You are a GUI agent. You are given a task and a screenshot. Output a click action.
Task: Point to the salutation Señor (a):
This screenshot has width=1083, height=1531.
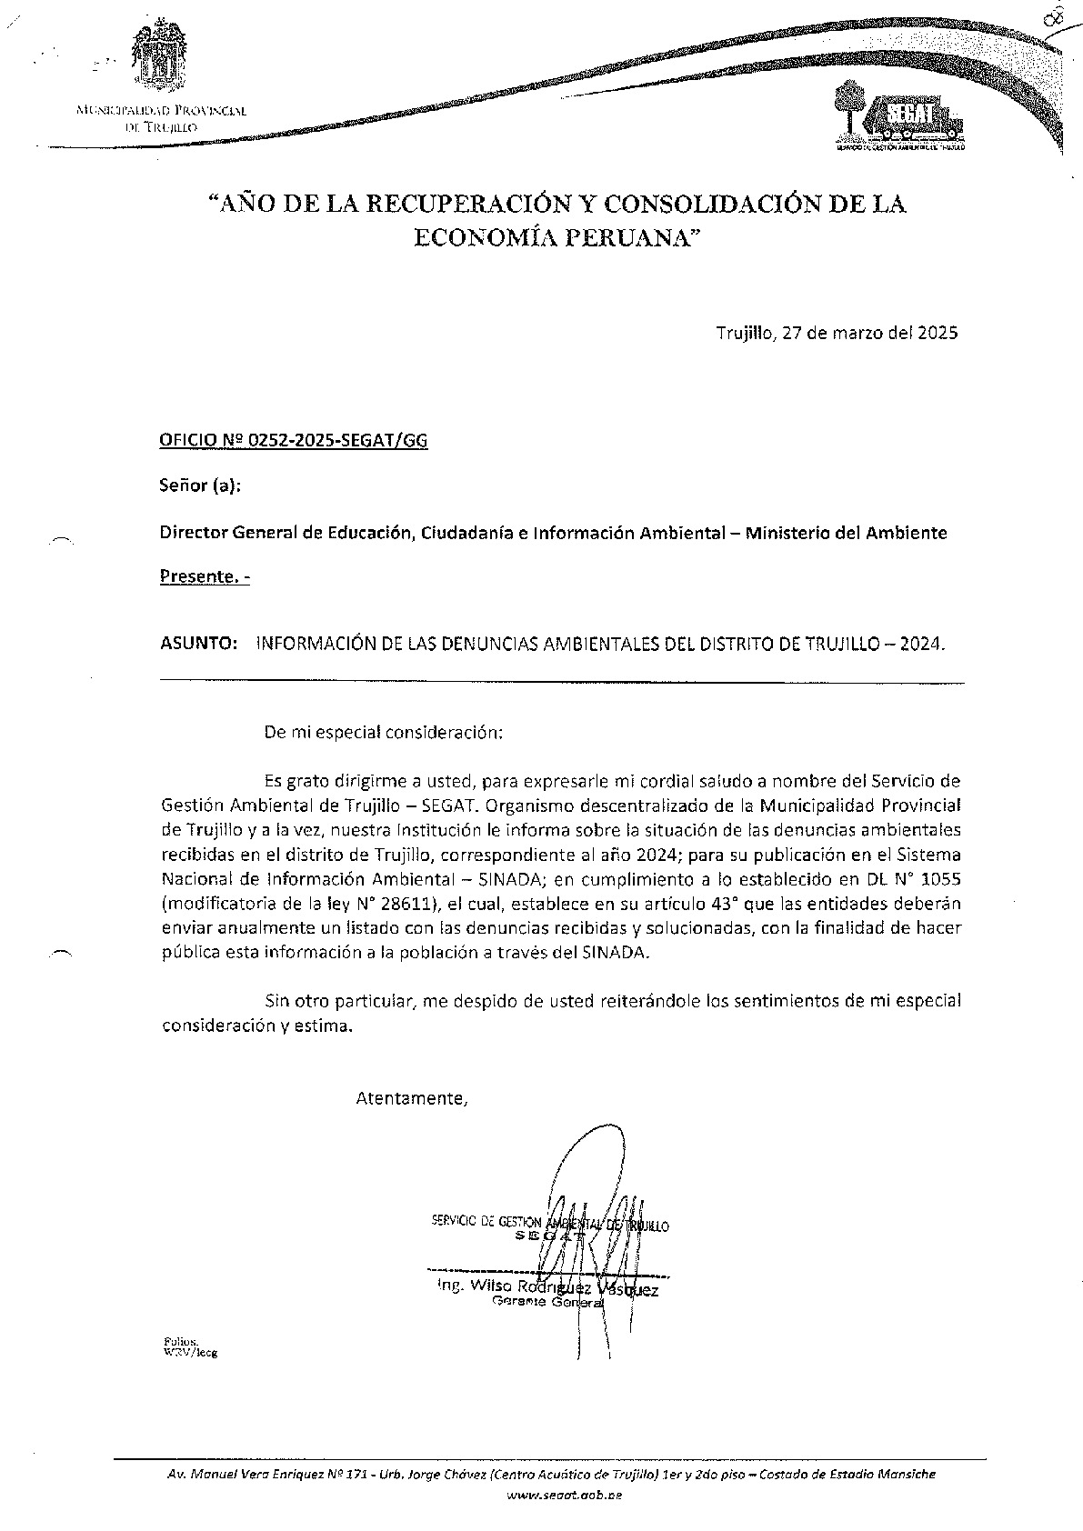[x=200, y=486]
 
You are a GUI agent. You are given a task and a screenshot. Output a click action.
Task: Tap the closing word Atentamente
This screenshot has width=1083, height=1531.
[x=412, y=1098]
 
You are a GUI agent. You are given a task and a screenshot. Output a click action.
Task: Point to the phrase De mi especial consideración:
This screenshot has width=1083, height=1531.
[x=382, y=731]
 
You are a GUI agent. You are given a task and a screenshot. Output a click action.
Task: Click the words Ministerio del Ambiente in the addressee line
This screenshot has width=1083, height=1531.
[x=846, y=533]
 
